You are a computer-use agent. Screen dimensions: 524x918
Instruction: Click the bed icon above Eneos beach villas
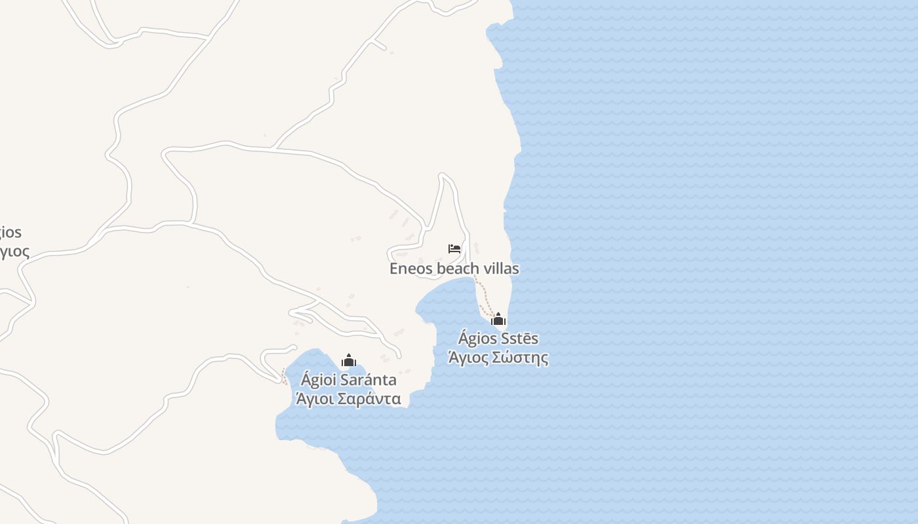454,249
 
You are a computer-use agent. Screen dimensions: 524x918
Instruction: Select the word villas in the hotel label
500,269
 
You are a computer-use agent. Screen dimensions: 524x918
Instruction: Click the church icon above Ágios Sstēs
498,320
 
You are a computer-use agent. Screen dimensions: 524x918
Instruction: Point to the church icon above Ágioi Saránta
349,360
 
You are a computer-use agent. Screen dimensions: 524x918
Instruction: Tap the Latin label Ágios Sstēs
498,339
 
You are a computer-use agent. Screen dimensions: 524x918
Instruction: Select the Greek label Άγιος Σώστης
498,358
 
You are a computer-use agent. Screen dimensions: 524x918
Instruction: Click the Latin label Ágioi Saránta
349,380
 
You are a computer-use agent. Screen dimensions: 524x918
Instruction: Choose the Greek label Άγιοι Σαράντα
349,399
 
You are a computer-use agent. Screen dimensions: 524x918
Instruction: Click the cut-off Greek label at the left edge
13,252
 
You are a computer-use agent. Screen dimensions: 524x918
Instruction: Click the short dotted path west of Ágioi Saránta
283,376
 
